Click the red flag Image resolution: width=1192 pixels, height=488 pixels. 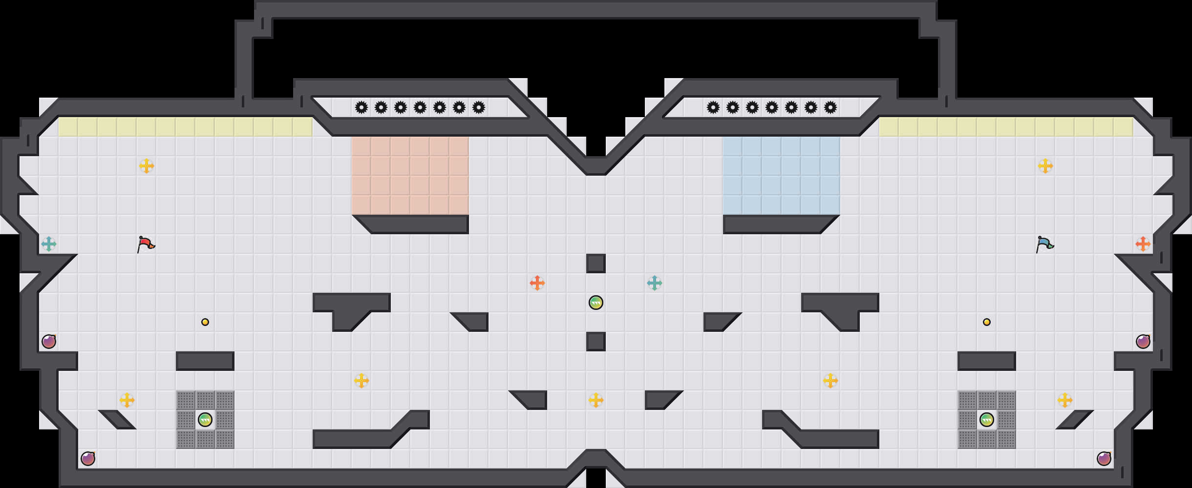pyautogui.click(x=146, y=244)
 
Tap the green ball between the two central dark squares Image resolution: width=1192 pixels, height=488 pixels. pyautogui.click(x=596, y=303)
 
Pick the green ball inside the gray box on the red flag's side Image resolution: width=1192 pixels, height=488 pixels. pyautogui.click(x=205, y=420)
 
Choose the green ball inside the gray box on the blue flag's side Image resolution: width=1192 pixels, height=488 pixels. pyautogui.click(x=987, y=420)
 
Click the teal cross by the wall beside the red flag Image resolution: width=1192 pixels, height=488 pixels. pyautogui.click(x=49, y=244)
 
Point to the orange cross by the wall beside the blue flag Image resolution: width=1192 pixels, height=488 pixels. pyautogui.click(x=1143, y=244)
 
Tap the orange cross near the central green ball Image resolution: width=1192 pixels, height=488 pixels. pyautogui.click(x=537, y=283)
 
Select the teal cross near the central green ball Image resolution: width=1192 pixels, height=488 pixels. pyautogui.click(x=655, y=283)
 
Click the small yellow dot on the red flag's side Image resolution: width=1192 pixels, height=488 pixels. pyautogui.click(x=205, y=322)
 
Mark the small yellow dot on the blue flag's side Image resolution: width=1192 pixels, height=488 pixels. pyautogui.click(x=987, y=322)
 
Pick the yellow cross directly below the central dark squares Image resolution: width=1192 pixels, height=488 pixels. pyautogui.click(x=596, y=400)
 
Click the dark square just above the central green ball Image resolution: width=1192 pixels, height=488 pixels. pyautogui.click(x=596, y=264)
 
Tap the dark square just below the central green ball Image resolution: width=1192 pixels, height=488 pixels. pyautogui.click(x=596, y=342)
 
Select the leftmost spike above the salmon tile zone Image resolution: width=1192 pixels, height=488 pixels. pyautogui.click(x=362, y=107)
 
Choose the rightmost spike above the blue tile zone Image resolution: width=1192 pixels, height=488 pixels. pyautogui.click(x=830, y=107)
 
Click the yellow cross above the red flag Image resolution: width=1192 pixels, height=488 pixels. pyautogui.click(x=147, y=166)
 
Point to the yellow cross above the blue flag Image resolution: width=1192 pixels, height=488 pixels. pyautogui.click(x=1045, y=166)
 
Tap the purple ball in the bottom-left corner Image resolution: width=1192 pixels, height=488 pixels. pyautogui.click(x=88, y=459)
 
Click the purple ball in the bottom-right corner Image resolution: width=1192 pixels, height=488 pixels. pyautogui.click(x=1104, y=459)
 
